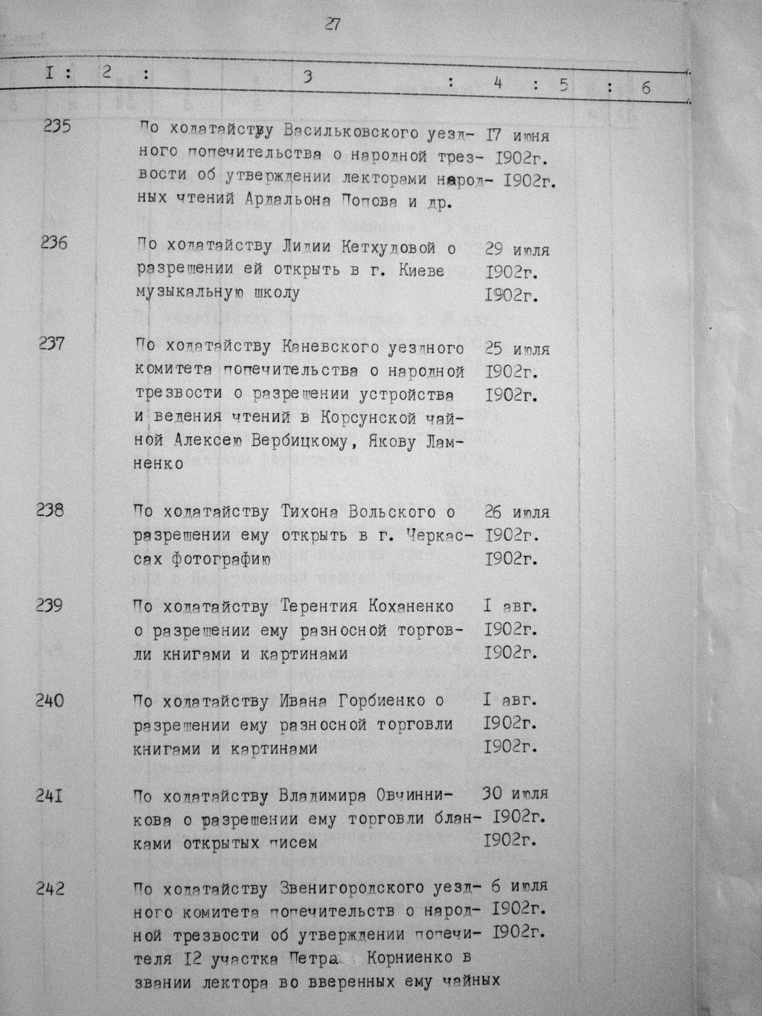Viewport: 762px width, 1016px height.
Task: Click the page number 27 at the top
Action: [332, 25]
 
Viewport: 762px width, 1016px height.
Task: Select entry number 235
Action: [57, 126]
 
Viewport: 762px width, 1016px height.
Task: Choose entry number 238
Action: [50, 510]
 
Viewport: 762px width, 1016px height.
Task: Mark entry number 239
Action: [49, 605]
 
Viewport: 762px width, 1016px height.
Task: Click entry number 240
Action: [50, 700]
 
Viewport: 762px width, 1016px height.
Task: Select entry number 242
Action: [50, 888]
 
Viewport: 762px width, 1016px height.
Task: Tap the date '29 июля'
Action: [516, 249]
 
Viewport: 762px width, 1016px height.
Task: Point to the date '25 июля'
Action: [516, 348]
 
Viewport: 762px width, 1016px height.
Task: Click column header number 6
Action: [645, 88]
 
